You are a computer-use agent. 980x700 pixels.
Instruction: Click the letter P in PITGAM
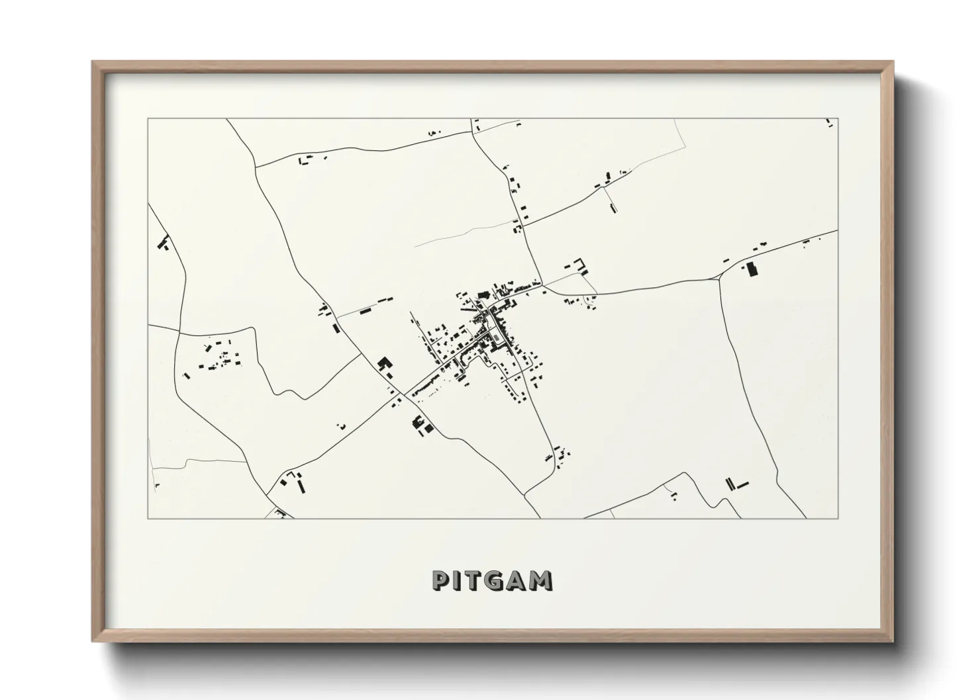(441, 580)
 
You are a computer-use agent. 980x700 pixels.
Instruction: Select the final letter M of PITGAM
(542, 580)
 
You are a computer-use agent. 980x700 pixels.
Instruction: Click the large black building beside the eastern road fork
(751, 269)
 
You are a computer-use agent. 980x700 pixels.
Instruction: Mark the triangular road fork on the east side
(719, 277)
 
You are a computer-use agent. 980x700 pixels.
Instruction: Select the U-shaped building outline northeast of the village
(583, 265)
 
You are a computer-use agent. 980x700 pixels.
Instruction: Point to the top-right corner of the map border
(838, 119)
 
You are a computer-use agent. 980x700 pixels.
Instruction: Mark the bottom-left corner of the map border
(148, 518)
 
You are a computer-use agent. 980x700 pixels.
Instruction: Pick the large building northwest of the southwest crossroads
(383, 364)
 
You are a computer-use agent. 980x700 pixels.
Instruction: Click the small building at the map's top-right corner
(828, 122)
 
